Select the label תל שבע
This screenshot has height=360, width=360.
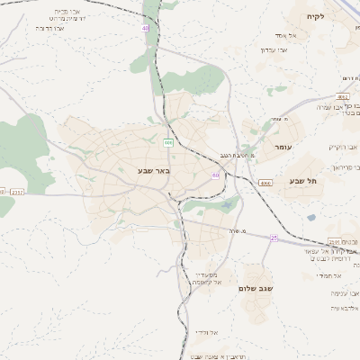pos(304,180)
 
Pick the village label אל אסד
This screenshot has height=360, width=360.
pos(274,35)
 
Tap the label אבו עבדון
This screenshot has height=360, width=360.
pos(274,49)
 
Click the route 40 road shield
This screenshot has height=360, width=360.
pos(145,29)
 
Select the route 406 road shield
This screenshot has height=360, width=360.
pos(168,142)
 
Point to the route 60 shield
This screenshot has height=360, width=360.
pos(216,175)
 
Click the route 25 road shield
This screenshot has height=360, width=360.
pos(274,238)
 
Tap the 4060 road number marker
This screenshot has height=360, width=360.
pos(265,184)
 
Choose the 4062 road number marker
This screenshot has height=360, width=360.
pos(343,94)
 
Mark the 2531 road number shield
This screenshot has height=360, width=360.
pos(334,241)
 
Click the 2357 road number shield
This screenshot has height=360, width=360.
pos(16,192)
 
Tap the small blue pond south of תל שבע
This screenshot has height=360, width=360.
pos(310,217)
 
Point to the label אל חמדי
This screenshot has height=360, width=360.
pos(327,276)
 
